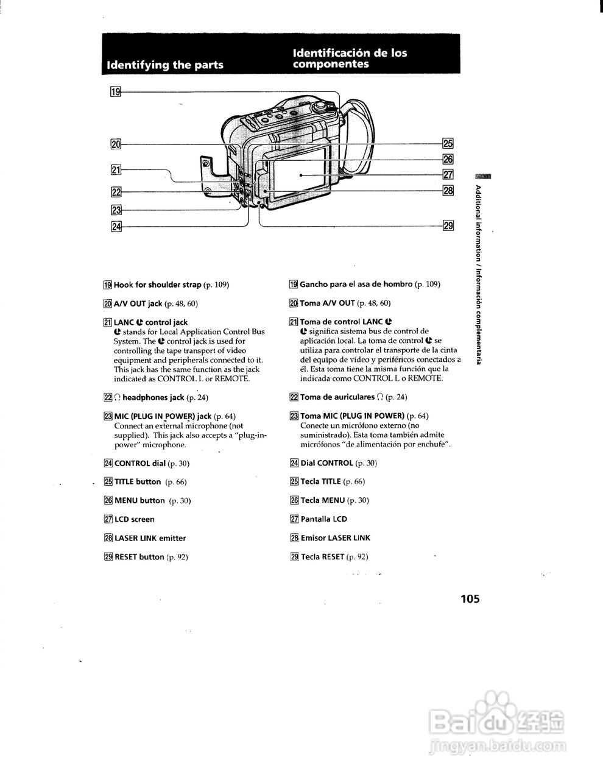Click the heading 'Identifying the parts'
[164, 65]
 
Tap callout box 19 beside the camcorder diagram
[115, 92]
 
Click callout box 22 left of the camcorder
[115, 192]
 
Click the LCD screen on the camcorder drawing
[300, 174]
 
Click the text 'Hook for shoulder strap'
[158, 285]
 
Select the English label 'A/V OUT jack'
[138, 303]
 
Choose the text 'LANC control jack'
[151, 322]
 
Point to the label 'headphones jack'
[153, 397]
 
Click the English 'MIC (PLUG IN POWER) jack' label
[163, 416]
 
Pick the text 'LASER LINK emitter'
[150, 538]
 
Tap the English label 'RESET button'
[139, 557]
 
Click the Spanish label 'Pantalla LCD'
[323, 519]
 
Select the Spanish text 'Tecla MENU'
[323, 500]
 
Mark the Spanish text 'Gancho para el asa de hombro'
[356, 285]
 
